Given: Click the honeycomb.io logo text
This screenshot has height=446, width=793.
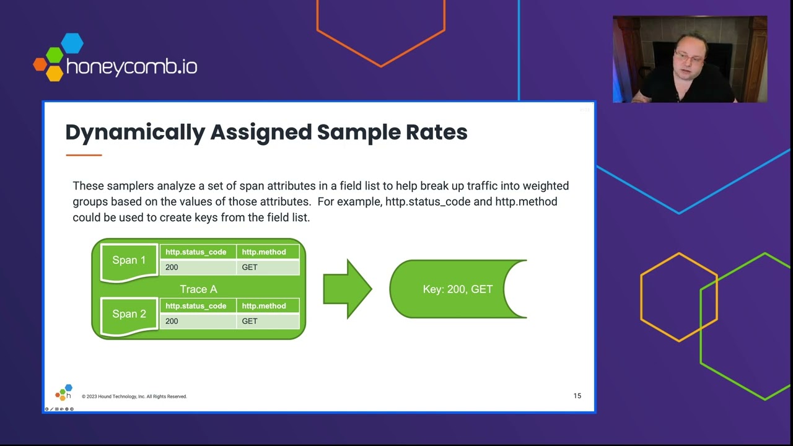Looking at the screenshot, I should [131, 66].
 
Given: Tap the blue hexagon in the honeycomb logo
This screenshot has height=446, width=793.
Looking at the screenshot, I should [72, 43].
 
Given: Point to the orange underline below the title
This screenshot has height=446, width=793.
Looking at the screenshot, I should [84, 155].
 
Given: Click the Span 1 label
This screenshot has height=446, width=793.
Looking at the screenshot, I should [129, 260].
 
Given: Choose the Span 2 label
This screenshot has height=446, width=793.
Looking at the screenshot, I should [129, 314].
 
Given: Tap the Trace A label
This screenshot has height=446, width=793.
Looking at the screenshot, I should [198, 289].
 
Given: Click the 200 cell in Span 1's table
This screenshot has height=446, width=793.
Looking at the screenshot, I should [172, 268].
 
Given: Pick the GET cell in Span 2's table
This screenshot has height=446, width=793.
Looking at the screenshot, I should [250, 321].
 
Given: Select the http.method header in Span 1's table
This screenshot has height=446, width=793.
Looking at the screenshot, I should [264, 252].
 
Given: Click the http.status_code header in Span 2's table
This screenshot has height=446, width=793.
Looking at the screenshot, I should [196, 306].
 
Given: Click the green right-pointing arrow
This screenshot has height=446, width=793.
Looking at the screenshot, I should [347, 289].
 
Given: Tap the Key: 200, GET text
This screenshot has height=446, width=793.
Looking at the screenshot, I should [458, 289].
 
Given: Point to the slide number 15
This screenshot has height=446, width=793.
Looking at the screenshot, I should [577, 396].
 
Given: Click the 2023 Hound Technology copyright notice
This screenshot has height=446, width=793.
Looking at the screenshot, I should [134, 396].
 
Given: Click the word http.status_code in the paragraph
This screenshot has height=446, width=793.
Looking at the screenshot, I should [439, 202].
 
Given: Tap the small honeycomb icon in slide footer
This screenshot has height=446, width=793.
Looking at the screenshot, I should [63, 393].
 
